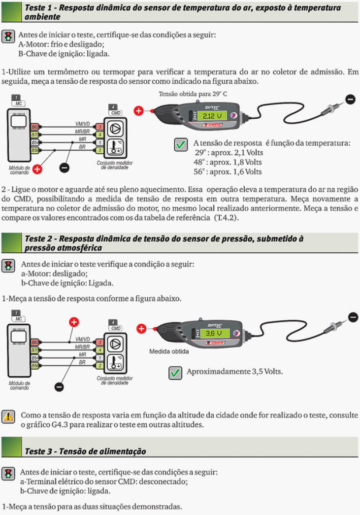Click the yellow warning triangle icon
8,416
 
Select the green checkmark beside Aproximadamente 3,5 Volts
175,373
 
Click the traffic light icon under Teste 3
8,474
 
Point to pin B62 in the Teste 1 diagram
35,127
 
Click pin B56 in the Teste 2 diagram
35,366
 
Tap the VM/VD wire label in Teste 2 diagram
82,339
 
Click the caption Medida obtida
169,352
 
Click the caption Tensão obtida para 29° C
193,94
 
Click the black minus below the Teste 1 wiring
64,168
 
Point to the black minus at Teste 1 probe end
350,99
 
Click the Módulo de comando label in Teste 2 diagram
20,385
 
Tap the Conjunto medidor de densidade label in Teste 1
114,165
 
